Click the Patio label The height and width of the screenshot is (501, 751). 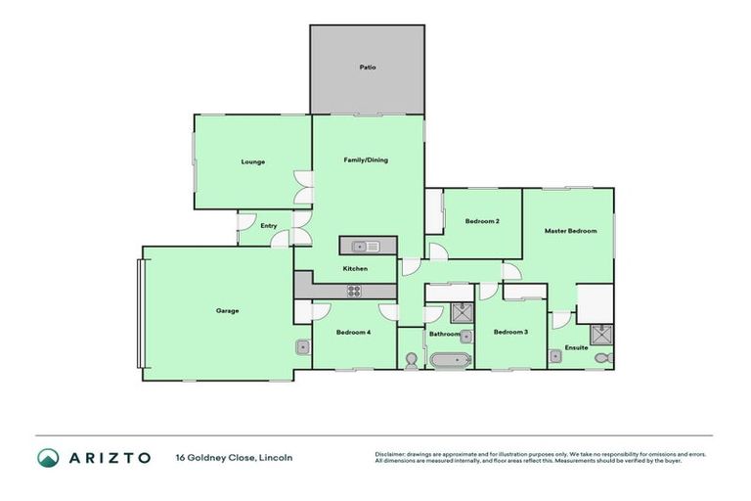(x=367, y=68)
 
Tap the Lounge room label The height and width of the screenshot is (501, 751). (x=253, y=161)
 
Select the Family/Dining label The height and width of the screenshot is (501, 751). (x=366, y=159)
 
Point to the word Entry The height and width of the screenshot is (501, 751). (x=269, y=226)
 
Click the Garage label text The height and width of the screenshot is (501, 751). (x=227, y=311)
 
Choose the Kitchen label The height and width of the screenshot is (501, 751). (x=354, y=268)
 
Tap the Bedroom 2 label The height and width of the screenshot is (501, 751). (x=482, y=221)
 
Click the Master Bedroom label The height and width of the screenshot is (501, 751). (x=570, y=231)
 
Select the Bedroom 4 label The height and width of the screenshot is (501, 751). (x=353, y=333)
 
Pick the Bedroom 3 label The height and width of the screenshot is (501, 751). (x=510, y=333)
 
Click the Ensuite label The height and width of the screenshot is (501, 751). (x=577, y=347)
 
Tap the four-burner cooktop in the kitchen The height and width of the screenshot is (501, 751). (x=354, y=291)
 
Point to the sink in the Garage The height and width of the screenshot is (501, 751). (x=303, y=347)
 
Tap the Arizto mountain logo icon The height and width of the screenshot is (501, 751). (x=48, y=457)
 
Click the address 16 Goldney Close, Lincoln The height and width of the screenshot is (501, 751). (x=234, y=457)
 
